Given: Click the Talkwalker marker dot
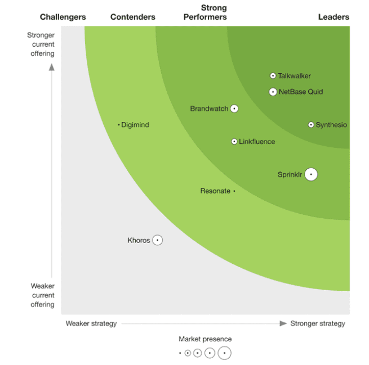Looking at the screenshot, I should pyautogui.click(x=273, y=76).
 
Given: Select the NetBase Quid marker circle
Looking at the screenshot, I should pyautogui.click(x=273, y=92).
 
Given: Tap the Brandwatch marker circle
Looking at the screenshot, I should pyautogui.click(x=234, y=109).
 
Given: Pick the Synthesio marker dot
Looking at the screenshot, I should pyautogui.click(x=311, y=125).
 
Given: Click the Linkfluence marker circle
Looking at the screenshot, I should pyautogui.click(x=234, y=142).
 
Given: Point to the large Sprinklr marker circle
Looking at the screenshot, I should pyautogui.click(x=311, y=174).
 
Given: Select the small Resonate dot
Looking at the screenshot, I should pyautogui.click(x=234, y=191).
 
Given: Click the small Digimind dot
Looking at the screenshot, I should pyautogui.click(x=119, y=125).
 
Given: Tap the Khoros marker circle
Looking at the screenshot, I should pyautogui.click(x=158, y=240).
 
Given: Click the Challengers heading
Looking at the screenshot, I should pyautogui.click(x=63, y=17).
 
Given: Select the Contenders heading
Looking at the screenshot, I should pyautogui.click(x=133, y=17).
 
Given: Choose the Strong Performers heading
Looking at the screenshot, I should pyautogui.click(x=205, y=12).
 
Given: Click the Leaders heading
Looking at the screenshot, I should pyautogui.click(x=334, y=17).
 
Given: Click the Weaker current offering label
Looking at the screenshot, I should pyautogui.click(x=42, y=295).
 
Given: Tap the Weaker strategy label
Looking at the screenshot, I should pyautogui.click(x=91, y=323).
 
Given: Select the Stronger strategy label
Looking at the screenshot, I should pyautogui.click(x=318, y=323).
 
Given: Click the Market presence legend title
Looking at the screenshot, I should pyautogui.click(x=205, y=339).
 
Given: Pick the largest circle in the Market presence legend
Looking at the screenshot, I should pyautogui.click(x=225, y=353).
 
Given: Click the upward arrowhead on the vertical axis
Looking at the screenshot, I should pyautogui.click(x=51, y=67).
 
